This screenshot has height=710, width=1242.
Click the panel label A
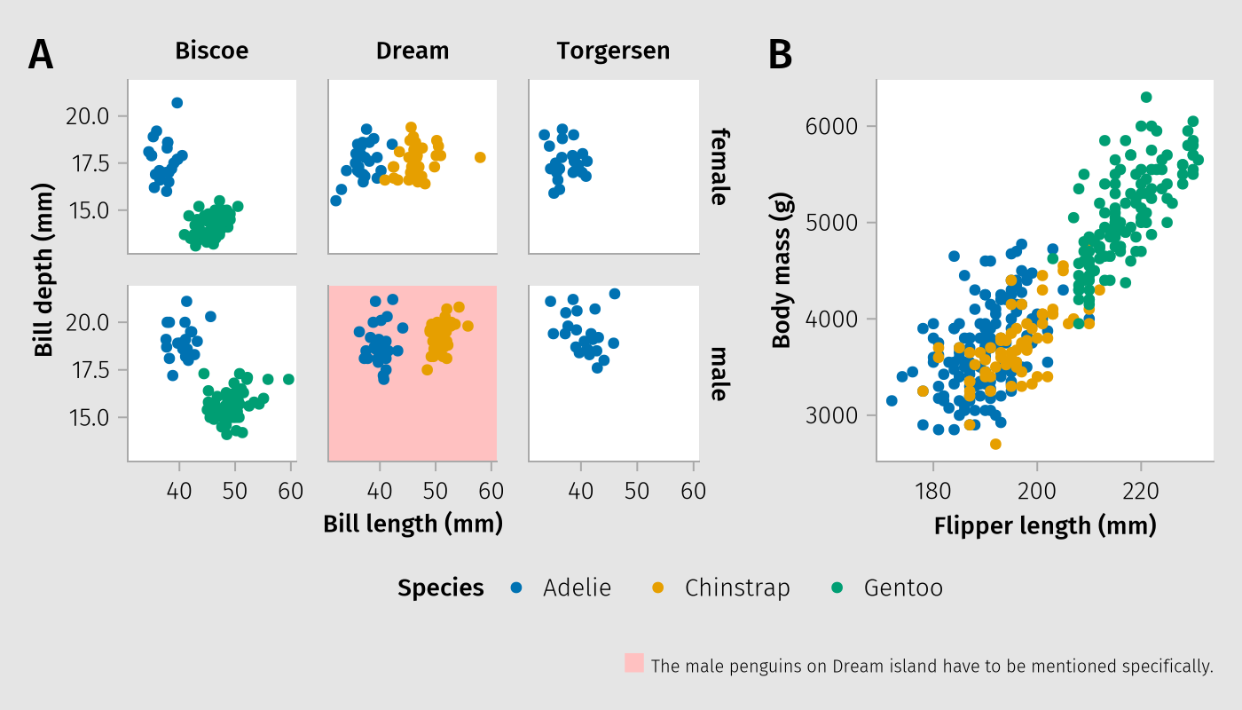[41, 55]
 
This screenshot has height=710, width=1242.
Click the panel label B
[780, 55]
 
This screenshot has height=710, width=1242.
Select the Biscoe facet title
[211, 51]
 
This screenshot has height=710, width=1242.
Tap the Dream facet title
[413, 51]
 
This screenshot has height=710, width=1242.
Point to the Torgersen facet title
[613, 51]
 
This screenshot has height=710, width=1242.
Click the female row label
[719, 166]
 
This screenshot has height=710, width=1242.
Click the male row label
[719, 373]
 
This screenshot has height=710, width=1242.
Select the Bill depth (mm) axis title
[44, 270]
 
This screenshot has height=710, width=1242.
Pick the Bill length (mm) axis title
[413, 524]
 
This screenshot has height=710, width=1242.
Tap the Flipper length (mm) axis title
[1045, 526]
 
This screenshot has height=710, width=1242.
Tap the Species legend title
[441, 588]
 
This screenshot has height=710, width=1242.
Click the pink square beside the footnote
[634, 663]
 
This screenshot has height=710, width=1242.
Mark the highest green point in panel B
[1146, 97]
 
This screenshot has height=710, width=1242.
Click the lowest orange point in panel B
[995, 444]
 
